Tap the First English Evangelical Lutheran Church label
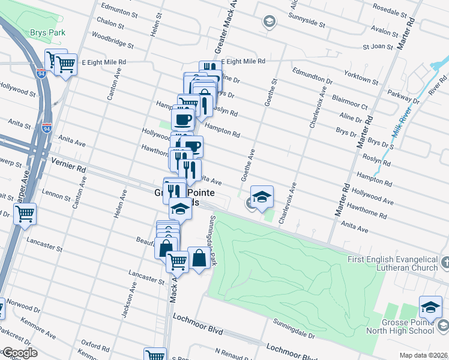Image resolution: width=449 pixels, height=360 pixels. (x=393, y=264)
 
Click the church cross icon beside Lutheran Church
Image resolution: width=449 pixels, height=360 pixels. (x=445, y=262)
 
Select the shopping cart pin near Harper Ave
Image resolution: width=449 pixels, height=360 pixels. (x=25, y=214)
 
